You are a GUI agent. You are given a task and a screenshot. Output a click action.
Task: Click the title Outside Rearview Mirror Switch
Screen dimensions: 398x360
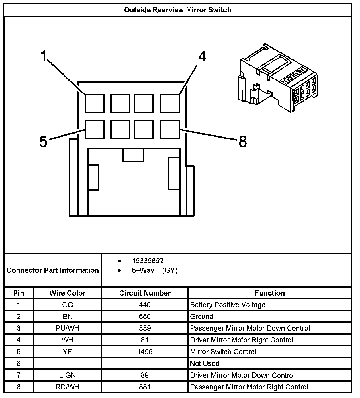[178, 10]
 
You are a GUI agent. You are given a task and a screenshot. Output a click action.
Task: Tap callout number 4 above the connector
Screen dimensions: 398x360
[202, 57]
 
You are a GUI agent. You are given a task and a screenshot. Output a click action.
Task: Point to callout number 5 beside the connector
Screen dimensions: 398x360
[43, 141]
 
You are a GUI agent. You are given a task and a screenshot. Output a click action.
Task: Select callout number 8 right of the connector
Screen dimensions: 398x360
[242, 141]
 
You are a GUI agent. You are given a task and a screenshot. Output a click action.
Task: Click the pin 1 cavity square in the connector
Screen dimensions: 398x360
[95, 103]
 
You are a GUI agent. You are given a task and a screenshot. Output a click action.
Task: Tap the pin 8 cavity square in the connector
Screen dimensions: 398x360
[170, 129]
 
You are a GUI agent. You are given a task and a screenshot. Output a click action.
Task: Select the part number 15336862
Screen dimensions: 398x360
[148, 261]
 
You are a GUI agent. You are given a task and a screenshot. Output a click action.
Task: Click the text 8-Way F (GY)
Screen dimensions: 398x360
[154, 270]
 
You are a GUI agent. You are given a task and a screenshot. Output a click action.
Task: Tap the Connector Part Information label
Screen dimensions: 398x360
[53, 270]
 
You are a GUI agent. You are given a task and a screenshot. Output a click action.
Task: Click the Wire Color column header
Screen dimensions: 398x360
[67, 293]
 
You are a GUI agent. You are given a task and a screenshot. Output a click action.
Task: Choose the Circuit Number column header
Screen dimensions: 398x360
[145, 293]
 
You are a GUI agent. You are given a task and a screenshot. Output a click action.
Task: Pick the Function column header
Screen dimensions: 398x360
[269, 293]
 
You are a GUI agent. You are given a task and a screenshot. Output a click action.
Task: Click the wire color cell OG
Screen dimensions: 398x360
[67, 305]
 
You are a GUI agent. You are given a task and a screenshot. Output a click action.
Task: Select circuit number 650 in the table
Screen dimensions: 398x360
[145, 316]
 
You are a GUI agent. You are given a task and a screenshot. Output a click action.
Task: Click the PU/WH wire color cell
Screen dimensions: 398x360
[67, 328]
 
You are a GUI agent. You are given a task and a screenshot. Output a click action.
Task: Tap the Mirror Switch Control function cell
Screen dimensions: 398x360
[223, 352]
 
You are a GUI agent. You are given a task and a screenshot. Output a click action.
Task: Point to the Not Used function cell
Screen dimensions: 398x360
[204, 363]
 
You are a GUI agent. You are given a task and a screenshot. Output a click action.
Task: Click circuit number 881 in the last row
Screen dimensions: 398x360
[145, 387]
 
